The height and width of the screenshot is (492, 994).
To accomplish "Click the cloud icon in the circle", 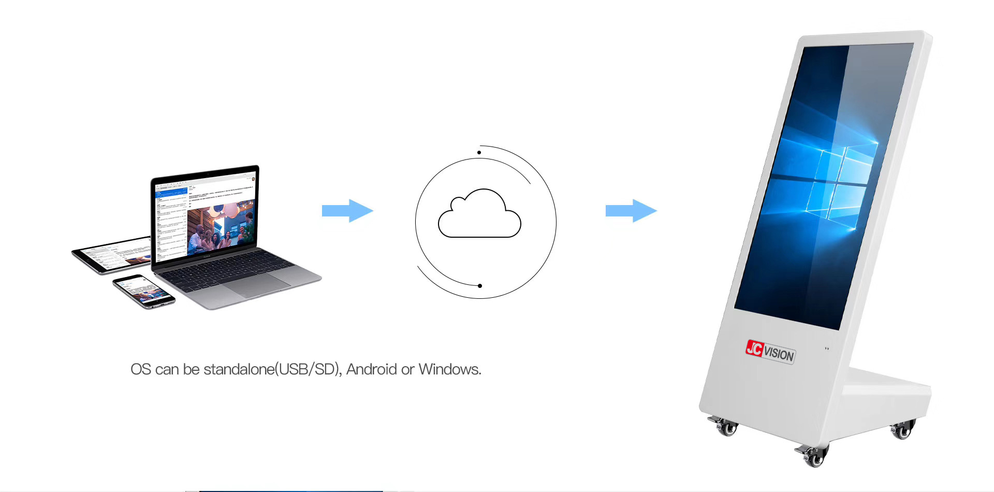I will click(479, 215).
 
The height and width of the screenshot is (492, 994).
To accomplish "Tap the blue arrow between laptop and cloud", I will click(347, 211).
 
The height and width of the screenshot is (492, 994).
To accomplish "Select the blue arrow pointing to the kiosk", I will click(631, 211).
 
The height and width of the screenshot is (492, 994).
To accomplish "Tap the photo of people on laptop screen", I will click(221, 228).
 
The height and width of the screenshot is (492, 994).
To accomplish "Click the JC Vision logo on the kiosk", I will click(770, 352).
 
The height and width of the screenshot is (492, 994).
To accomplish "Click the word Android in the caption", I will click(371, 369).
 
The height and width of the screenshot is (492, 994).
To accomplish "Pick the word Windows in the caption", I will click(449, 369).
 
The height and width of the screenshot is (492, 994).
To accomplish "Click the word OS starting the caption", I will click(140, 369).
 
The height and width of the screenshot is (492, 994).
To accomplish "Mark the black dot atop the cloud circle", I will click(479, 152).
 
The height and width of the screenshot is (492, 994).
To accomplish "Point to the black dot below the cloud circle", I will click(480, 286).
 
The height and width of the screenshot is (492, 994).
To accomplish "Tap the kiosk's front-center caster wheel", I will click(813, 456).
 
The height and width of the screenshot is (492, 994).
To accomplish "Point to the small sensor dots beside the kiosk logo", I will click(827, 349).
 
